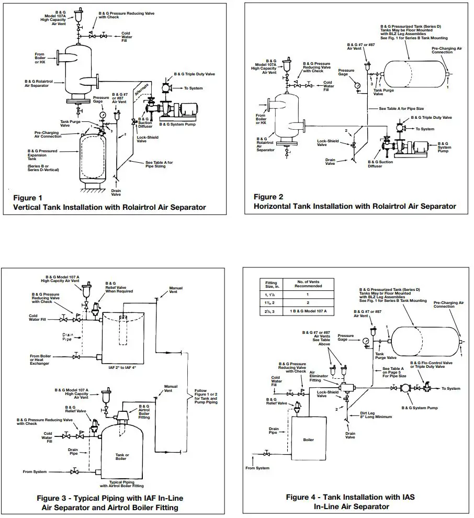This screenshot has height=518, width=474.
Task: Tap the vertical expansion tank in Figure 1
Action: (100, 160)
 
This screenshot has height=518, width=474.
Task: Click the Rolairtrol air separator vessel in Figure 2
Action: (285, 118)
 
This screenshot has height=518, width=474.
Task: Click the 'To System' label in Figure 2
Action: (424, 129)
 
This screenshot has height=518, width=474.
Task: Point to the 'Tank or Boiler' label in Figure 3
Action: (122, 457)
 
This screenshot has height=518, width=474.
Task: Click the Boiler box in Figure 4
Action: (308, 440)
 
